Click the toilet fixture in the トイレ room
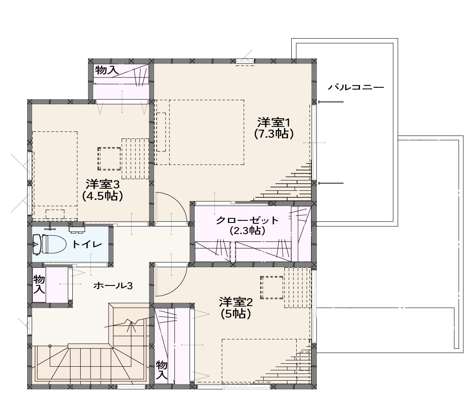tap(49, 244)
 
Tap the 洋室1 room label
tap(274, 123)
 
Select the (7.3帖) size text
tap(274, 134)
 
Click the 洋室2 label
tap(236, 302)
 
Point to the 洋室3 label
tap(103, 184)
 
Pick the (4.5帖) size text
tap(103, 196)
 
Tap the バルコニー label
tap(356, 87)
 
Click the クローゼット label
tap(247, 220)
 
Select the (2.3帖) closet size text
tap(247, 231)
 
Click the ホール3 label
tap(113, 286)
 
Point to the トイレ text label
tap(87, 244)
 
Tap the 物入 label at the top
tap(107, 70)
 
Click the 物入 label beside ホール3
tap(39, 284)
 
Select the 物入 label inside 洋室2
tap(162, 370)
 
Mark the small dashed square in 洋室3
tap(109, 159)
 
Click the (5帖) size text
tap(236, 314)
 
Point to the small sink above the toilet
tap(77, 229)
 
